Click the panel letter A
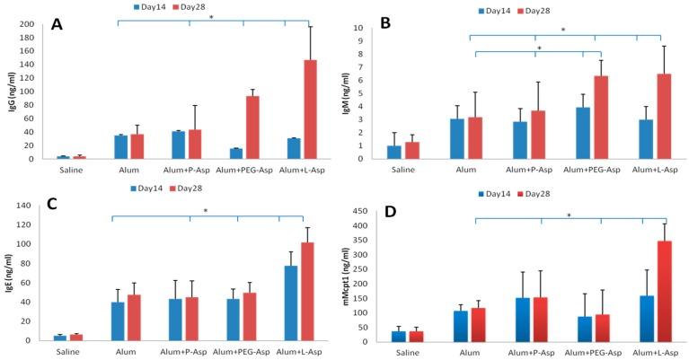[x=57, y=24]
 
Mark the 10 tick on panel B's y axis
[x=383, y=28]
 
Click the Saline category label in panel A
[x=62, y=169]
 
